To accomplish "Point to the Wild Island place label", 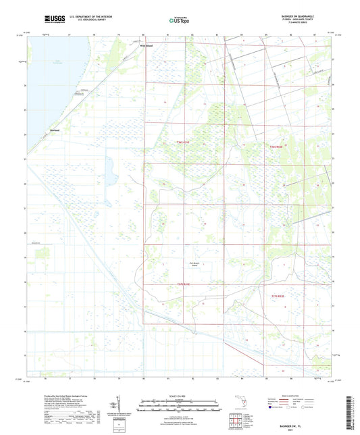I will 137,46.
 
